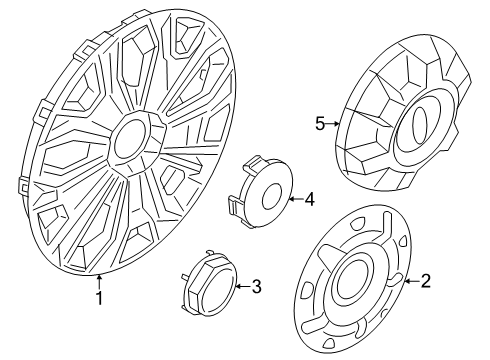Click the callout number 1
tap(99, 298)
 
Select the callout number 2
tap(425, 281)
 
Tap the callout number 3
tap(256, 286)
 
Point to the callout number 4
tap(309, 200)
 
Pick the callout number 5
tap(320, 124)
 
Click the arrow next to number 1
tap(99, 280)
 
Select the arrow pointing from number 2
tap(411, 281)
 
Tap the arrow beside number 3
tap(243, 286)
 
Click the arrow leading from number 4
tap(296, 199)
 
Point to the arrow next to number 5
tap(333, 124)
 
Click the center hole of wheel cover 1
tap(129, 140)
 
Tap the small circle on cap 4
tap(272, 197)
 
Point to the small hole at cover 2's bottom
tap(329, 342)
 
